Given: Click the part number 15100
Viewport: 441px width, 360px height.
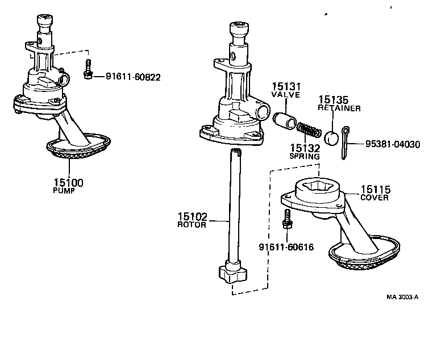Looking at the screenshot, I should tap(68, 182).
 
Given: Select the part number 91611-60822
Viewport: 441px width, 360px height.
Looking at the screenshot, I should tap(133, 76).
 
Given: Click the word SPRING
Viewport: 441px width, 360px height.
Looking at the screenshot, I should tap(305, 156).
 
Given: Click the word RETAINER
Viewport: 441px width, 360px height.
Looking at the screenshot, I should tap(332, 107).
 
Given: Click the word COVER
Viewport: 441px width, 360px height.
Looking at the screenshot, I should tap(375, 198).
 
